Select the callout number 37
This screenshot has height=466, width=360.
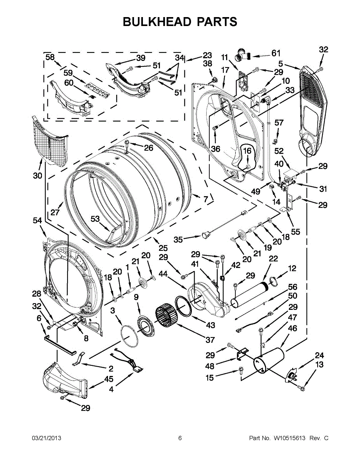tap(210, 340)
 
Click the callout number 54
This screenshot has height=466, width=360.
tap(37, 221)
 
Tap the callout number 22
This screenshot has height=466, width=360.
tap(273, 259)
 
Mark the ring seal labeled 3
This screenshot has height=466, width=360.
tap(128, 336)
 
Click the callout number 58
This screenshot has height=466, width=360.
tap(50, 57)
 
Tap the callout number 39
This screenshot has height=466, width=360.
tap(141, 58)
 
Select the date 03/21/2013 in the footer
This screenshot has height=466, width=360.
tap(46, 438)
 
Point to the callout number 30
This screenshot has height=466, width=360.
tap(37, 176)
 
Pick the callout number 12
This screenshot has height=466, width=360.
tap(292, 268)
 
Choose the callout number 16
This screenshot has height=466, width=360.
tap(247, 151)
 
